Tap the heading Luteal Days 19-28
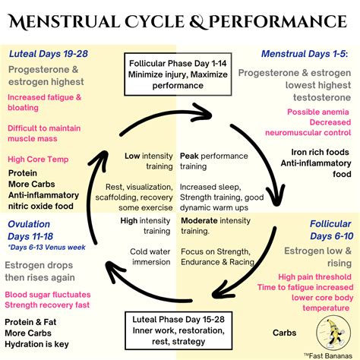[x=49, y=54]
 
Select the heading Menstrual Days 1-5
[x=305, y=54]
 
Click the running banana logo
[x=333, y=333]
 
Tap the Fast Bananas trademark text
[x=328, y=355]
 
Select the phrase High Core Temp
[x=38, y=159]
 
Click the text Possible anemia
[x=318, y=112]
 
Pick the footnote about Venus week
[x=46, y=247]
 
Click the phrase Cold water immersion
[x=150, y=257]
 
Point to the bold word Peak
[x=189, y=156]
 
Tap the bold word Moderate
[x=199, y=220]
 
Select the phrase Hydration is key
[x=36, y=344]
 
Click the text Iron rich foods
[x=320, y=152]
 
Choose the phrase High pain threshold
[x=314, y=277]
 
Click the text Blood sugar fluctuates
[x=48, y=295]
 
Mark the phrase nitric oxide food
[x=41, y=206]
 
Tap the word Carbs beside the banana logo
[x=284, y=333]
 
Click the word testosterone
[x=322, y=97]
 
